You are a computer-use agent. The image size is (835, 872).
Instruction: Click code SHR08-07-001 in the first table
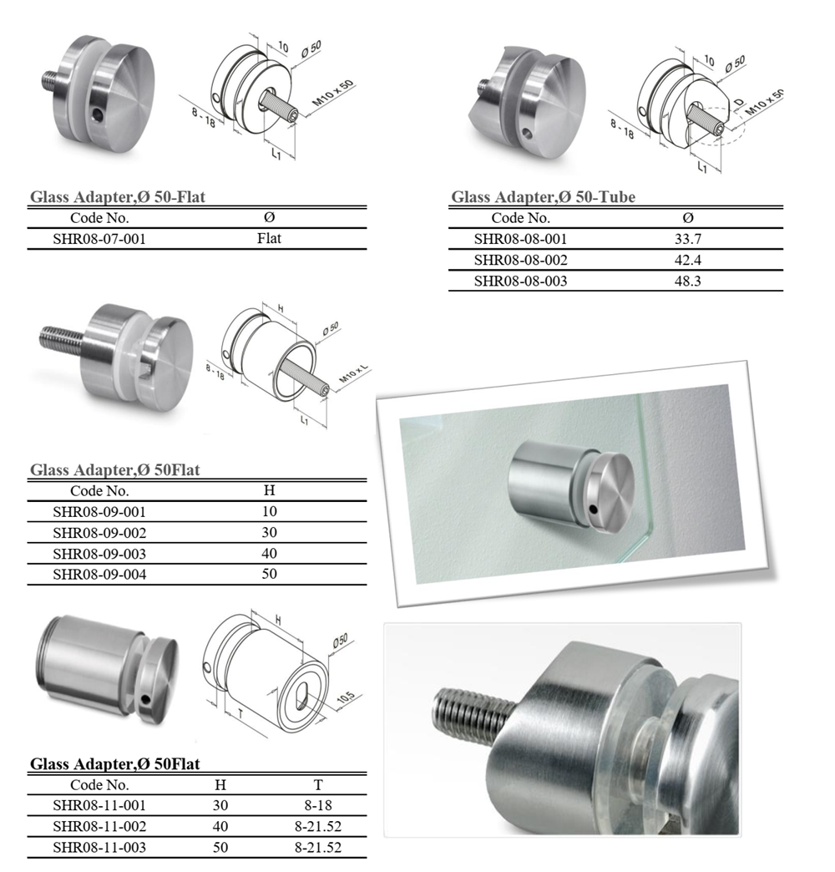(99, 239)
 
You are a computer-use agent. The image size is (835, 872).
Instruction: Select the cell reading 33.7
(688, 239)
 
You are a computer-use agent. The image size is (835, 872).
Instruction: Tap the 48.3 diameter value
(688, 281)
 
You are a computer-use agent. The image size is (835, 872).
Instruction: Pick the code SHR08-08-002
(520, 261)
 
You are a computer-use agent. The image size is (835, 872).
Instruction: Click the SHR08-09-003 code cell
(99, 554)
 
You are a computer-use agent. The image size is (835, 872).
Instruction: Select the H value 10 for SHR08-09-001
(269, 512)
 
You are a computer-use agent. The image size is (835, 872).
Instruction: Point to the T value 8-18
(318, 805)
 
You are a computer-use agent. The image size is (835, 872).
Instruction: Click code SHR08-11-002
(99, 826)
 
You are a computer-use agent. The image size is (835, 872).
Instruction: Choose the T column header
(318, 784)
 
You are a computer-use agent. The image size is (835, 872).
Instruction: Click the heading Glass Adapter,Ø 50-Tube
(543, 197)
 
